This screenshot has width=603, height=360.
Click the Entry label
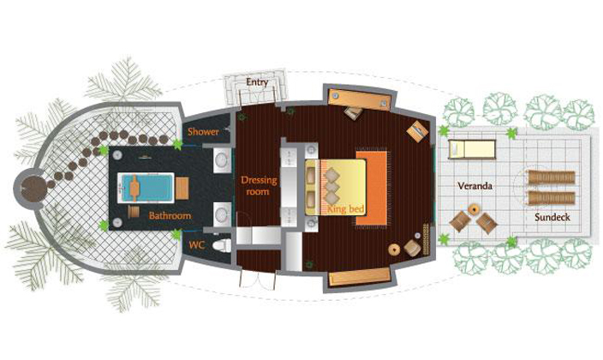click(x=257, y=82)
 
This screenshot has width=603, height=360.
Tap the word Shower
click(x=203, y=132)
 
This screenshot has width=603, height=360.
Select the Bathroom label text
click(x=170, y=215)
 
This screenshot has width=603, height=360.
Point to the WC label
click(x=196, y=245)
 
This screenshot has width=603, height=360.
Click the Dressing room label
click(x=259, y=186)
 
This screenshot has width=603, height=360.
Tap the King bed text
click(x=345, y=209)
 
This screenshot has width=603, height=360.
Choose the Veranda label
click(x=475, y=186)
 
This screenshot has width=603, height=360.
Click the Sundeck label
click(x=552, y=217)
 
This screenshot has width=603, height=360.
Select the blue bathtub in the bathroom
click(x=146, y=188)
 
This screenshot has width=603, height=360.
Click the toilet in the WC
click(x=222, y=245)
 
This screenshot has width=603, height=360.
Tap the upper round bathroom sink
click(x=222, y=160)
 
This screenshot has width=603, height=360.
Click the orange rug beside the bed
click(x=372, y=188)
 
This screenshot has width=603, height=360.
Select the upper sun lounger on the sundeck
click(x=552, y=177)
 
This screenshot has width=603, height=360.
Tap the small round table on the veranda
click(x=474, y=209)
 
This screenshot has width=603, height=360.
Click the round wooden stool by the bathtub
click(x=134, y=212)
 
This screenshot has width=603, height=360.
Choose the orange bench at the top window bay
click(x=360, y=99)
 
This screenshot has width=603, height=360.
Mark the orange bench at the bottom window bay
click(x=360, y=277)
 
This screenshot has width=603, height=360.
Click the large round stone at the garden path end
click(x=34, y=189)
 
